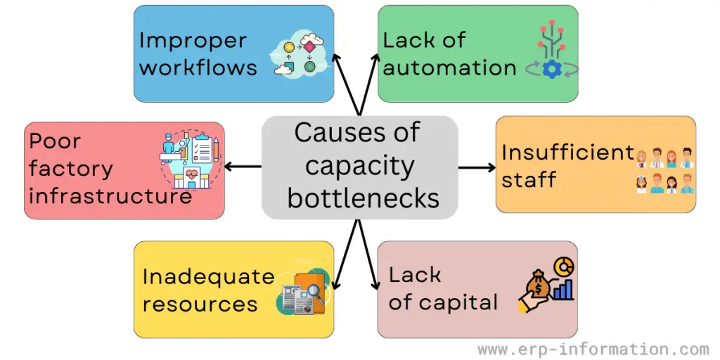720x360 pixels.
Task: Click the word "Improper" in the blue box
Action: click(193, 41)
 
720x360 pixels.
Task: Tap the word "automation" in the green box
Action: click(449, 68)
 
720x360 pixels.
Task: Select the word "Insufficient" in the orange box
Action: click(567, 153)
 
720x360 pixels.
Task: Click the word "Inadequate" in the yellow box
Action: click(208, 276)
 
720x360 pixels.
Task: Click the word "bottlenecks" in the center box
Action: click(363, 198)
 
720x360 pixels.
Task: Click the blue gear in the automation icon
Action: click(552, 69)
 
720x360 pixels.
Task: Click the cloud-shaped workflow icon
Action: click(299, 53)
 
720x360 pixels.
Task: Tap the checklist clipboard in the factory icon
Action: click(201, 148)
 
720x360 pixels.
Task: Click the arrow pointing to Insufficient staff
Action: click(477, 167)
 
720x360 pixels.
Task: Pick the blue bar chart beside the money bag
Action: click(563, 289)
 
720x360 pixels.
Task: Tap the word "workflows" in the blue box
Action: click(198, 68)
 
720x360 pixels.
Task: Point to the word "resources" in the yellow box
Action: click(200, 304)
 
